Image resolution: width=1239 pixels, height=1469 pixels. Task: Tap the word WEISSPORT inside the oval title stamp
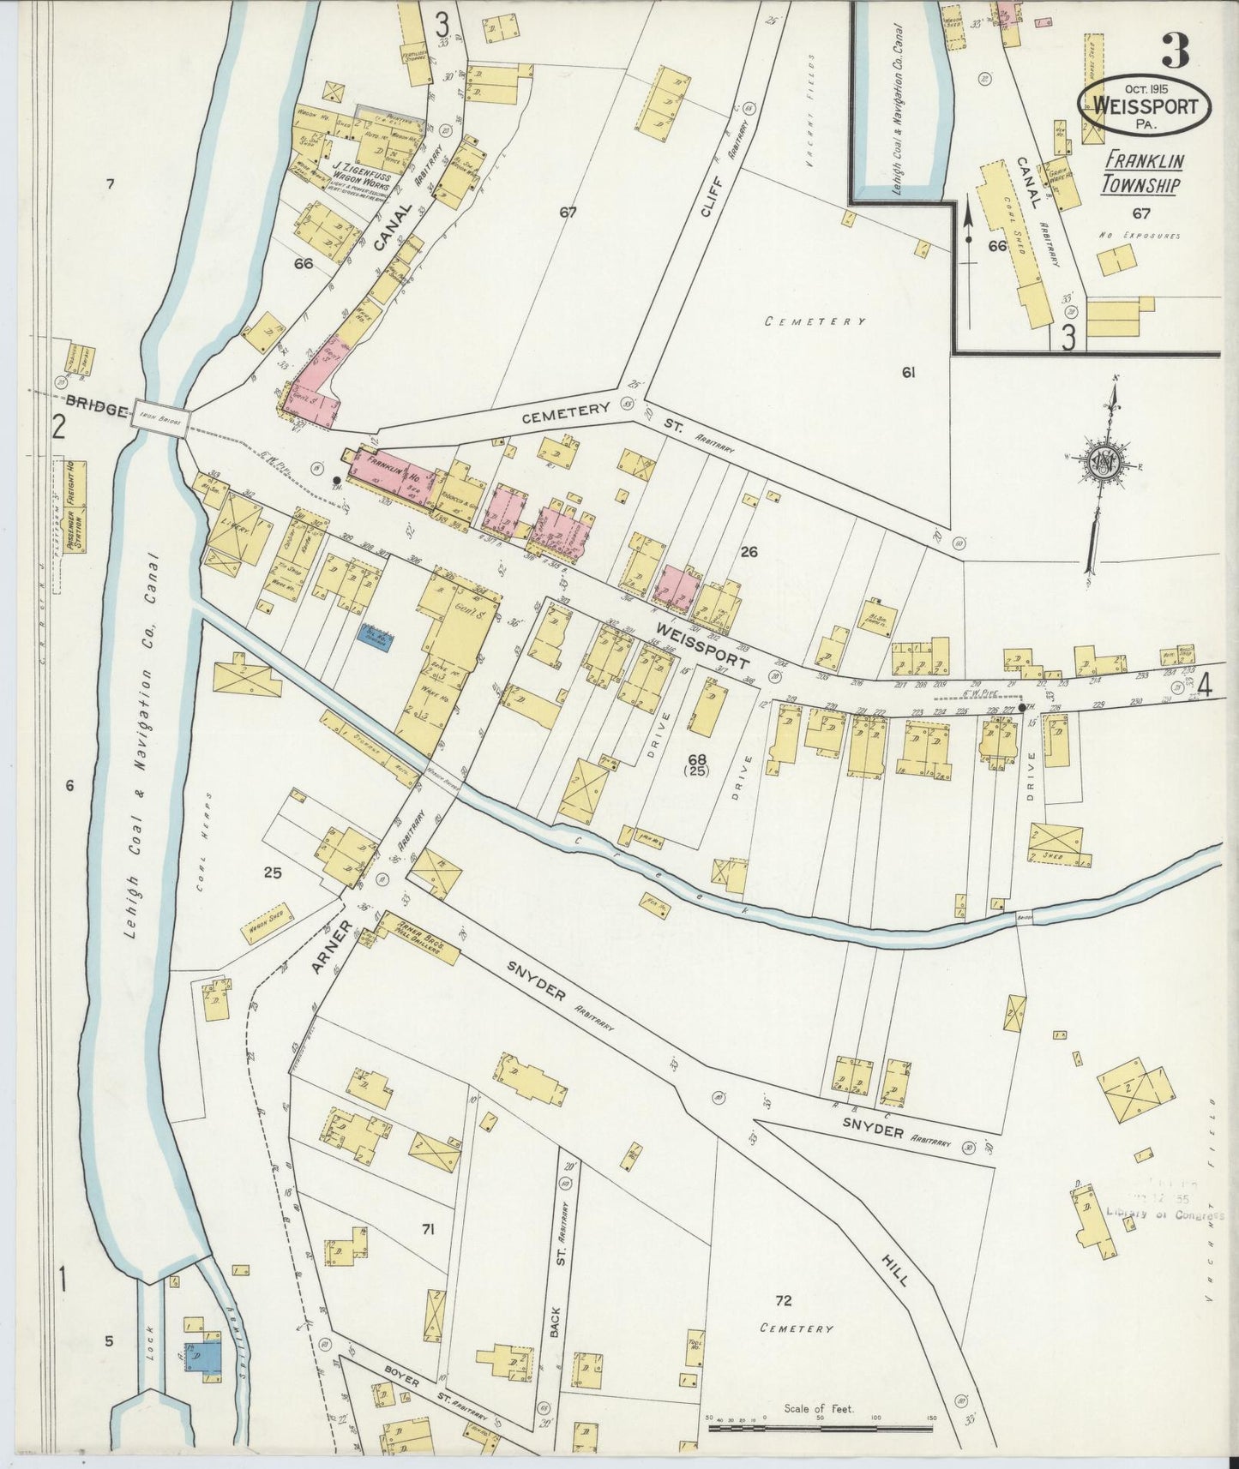pos(1144,107)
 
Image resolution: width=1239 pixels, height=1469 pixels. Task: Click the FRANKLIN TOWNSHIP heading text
pos(1143,172)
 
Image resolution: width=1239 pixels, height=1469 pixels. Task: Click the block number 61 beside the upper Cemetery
pos(909,372)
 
